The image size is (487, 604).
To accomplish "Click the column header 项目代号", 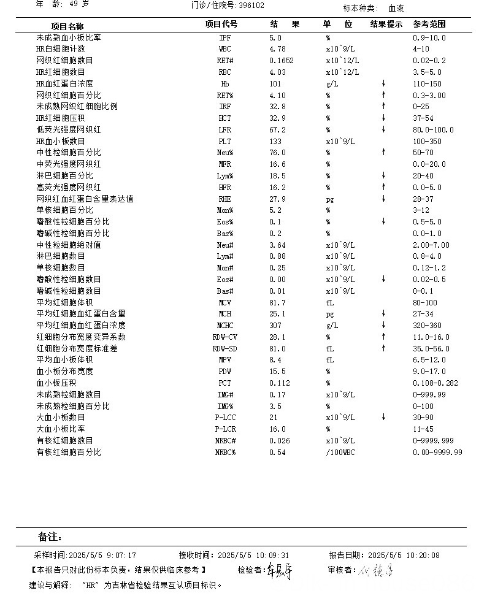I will point(221,25).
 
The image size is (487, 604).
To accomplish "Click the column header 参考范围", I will point(429,25).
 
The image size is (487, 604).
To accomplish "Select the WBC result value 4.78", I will point(278,49).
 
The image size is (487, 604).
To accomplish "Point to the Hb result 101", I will point(275,83).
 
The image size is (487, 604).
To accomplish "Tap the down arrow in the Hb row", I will point(383,83).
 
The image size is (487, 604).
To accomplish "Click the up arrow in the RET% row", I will point(383,95).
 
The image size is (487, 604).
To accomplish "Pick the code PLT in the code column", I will point(225,141).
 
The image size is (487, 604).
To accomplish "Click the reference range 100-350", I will point(428,141).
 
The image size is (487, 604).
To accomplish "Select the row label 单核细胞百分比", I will point(64,210).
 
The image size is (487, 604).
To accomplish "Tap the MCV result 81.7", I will point(278,302).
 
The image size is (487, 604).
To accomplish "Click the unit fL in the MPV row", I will point(330,360).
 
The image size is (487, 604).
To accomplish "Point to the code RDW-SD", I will point(225,348).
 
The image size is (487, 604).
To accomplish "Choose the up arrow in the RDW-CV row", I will point(383,337).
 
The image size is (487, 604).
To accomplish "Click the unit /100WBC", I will point(340,452).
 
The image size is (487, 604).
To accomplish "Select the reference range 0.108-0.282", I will point(436,383).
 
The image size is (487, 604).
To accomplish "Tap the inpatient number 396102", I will point(251,6).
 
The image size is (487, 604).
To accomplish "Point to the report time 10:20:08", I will point(423,555).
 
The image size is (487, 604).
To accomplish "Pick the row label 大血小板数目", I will point(60,417).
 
